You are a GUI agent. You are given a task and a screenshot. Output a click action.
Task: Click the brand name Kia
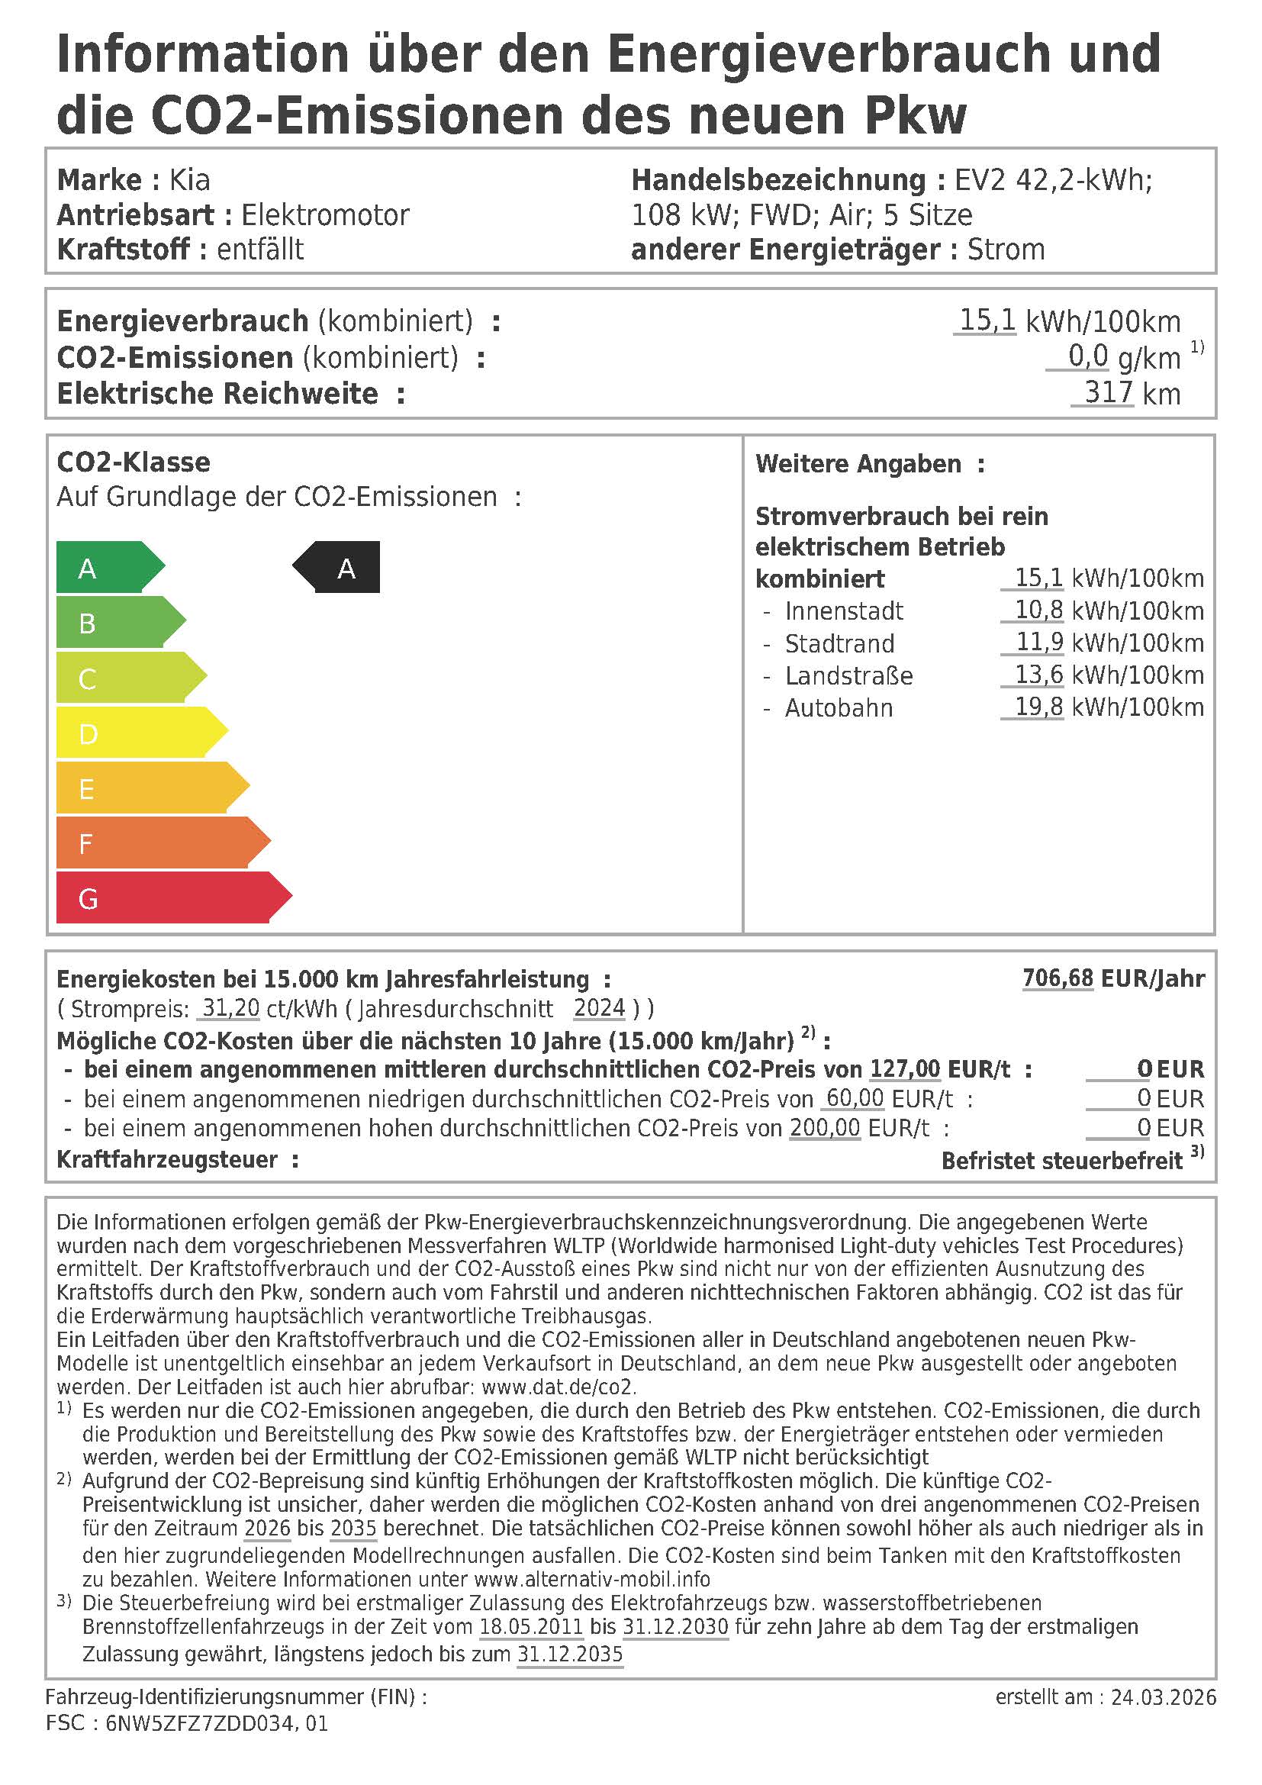click(190, 180)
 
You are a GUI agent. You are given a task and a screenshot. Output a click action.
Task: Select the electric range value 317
click(1108, 392)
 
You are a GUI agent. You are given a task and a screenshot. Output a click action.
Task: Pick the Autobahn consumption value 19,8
click(1038, 707)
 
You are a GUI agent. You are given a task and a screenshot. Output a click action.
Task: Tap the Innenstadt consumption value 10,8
click(1038, 611)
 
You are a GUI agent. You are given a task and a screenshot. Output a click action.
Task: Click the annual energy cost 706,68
click(1058, 978)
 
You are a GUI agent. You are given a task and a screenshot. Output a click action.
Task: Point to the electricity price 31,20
click(230, 1009)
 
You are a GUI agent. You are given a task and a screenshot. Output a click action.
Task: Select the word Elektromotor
click(325, 215)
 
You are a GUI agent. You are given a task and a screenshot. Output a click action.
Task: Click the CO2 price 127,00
click(905, 1070)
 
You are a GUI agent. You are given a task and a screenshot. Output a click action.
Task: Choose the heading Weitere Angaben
click(858, 464)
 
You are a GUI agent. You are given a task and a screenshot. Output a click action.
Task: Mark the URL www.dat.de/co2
click(558, 1387)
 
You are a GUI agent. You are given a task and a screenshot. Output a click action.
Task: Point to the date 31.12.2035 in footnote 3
click(571, 1655)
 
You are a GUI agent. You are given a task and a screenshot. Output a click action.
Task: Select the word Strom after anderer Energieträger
click(1006, 250)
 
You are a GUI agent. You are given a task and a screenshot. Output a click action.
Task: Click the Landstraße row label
click(848, 675)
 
